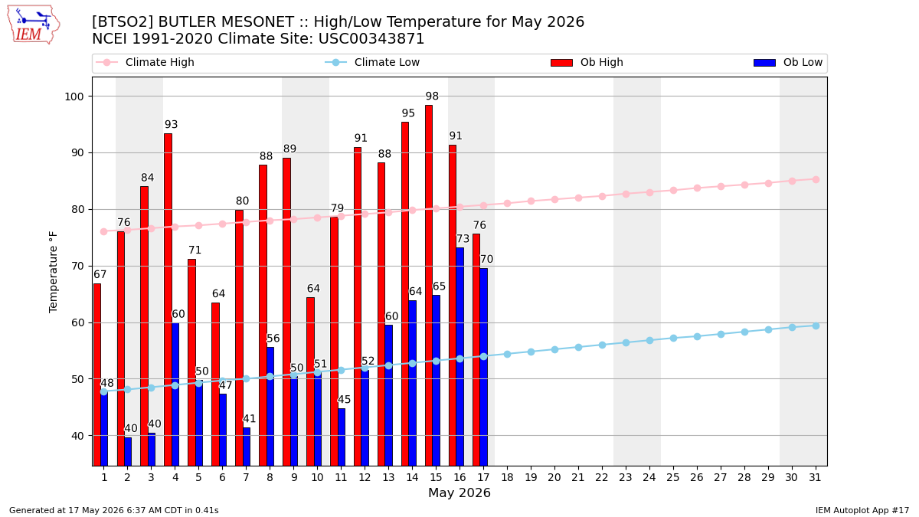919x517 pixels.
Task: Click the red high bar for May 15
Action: (x=429, y=286)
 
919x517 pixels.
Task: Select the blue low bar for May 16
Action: (x=460, y=357)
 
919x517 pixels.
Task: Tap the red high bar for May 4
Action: (x=168, y=299)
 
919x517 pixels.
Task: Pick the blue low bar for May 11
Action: (x=342, y=437)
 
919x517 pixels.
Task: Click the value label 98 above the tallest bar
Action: (x=432, y=96)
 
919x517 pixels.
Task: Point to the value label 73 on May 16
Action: (x=463, y=239)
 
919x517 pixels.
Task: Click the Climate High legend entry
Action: (x=145, y=62)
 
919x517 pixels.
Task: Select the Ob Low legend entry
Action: (x=788, y=62)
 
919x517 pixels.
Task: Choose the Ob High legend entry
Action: (x=587, y=62)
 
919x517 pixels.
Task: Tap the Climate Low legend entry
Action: (x=372, y=62)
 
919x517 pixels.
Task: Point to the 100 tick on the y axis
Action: (x=74, y=97)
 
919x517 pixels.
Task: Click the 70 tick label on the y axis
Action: (x=77, y=267)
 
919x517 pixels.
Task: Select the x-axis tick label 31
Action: (x=815, y=478)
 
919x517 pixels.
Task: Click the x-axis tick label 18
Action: (x=508, y=478)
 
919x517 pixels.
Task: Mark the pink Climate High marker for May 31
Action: (x=816, y=180)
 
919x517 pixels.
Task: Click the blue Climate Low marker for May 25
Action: (x=673, y=338)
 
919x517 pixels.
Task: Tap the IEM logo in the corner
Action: (x=33, y=25)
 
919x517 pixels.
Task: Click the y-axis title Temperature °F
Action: (x=54, y=272)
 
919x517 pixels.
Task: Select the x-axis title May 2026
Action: (x=459, y=492)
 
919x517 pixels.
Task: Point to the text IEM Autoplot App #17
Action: (x=862, y=510)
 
